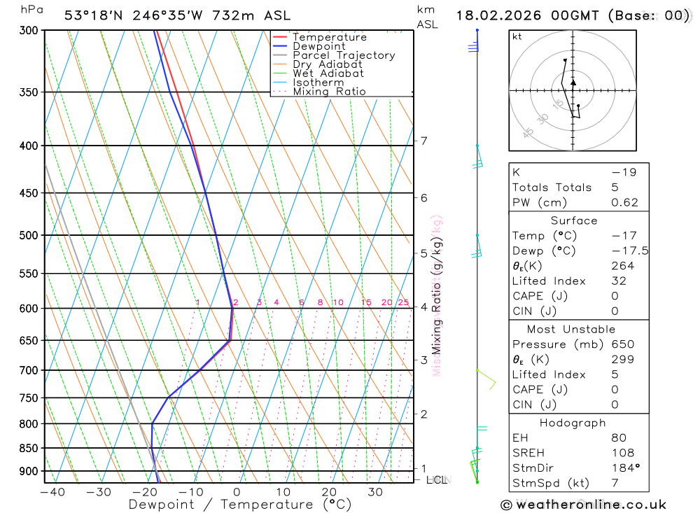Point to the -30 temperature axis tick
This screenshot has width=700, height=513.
click(x=99, y=492)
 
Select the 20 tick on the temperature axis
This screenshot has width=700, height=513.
click(x=329, y=492)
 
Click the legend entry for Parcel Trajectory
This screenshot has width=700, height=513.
click(x=343, y=55)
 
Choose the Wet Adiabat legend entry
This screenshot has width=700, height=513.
click(x=328, y=73)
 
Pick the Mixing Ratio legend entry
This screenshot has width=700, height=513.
click(x=329, y=92)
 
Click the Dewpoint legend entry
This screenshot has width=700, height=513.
click(x=318, y=46)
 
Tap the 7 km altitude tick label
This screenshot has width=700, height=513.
click(x=424, y=141)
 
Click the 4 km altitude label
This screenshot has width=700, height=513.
click(x=424, y=307)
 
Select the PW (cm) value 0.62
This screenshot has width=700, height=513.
click(x=624, y=202)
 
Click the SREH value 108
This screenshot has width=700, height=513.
click(x=622, y=453)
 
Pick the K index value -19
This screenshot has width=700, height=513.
click(x=624, y=172)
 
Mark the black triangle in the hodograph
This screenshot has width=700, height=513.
click(x=573, y=82)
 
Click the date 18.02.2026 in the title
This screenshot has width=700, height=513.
click(x=496, y=15)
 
